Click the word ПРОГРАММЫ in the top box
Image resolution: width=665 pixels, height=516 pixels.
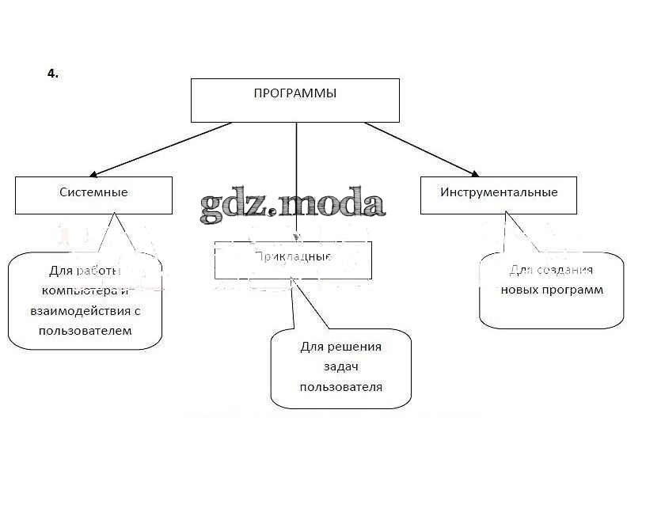pos(294,94)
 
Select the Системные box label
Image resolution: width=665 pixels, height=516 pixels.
pos(93,192)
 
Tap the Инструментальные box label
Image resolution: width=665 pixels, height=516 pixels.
pos(499,192)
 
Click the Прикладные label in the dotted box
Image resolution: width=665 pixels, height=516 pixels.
pos(293,257)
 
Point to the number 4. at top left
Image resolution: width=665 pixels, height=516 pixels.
pos(53,74)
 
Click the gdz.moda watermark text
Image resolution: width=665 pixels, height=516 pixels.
pos(292,203)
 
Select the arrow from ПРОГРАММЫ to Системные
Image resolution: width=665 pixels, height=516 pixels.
pos(158,148)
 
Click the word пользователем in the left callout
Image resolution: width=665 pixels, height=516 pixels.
pos(85,331)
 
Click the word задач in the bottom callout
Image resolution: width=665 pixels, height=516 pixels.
pos(341,367)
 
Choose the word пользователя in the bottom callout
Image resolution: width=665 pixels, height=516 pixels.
pos(341,387)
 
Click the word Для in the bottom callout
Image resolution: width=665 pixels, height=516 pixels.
pos(312,347)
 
